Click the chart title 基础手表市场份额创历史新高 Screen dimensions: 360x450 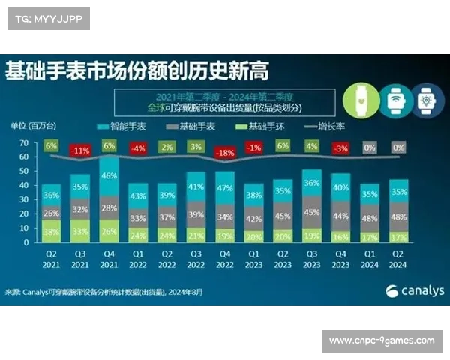pyautogui.click(x=136, y=72)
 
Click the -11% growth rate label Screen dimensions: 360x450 pyautogui.click(x=79, y=150)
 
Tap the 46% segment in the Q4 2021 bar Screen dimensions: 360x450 pyautogui.click(x=109, y=175)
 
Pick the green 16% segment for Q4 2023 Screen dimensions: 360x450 pyautogui.click(x=340, y=235)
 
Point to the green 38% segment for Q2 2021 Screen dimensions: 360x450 pyautogui.click(x=51, y=232)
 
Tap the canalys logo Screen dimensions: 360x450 pyautogui.click(x=414, y=291)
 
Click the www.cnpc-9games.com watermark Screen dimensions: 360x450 pyautogui.click(x=382, y=340)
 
